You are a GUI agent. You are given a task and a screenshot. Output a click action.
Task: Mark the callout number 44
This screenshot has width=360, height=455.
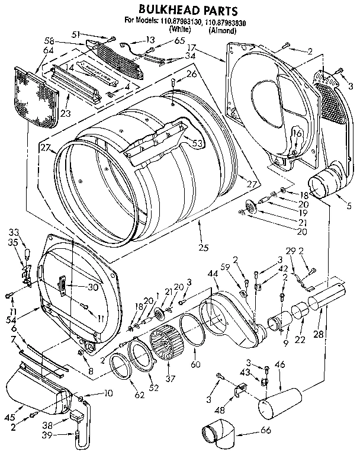tap(212, 273)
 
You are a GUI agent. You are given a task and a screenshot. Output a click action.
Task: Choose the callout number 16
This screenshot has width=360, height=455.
tap(295, 135)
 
